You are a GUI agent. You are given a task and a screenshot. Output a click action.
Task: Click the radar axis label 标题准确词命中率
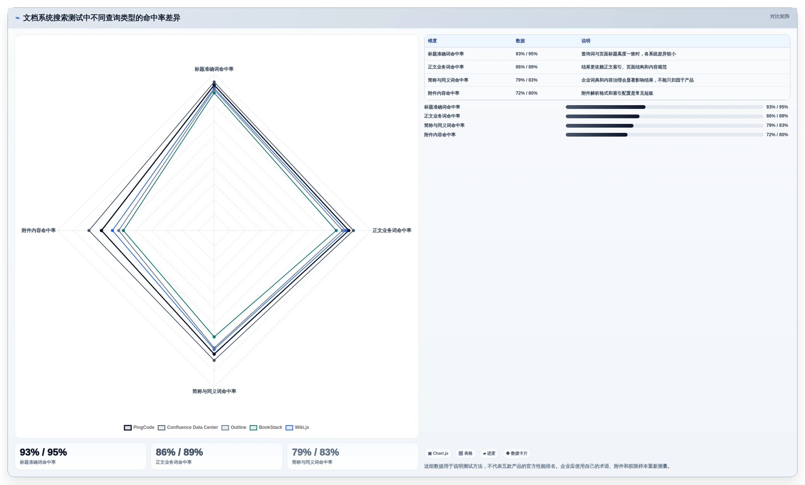coord(214,69)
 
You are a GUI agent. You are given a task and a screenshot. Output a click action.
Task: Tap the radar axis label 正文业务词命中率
coord(392,231)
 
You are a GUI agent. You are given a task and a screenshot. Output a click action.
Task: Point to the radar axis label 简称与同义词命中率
coord(214,391)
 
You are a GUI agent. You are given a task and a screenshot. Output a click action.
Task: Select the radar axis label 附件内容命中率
coord(39,231)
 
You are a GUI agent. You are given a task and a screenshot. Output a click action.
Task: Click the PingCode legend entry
coord(139,427)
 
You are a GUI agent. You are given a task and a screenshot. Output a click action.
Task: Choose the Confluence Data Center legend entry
coord(188,427)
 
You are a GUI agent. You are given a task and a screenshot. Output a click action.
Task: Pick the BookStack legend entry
coord(266,427)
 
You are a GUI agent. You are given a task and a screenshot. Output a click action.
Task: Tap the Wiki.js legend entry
coord(297,427)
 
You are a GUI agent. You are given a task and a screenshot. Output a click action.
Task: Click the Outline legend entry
coord(234,427)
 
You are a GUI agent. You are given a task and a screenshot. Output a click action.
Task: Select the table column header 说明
coord(586,41)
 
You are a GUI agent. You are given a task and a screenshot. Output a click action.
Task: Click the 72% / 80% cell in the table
coord(526,93)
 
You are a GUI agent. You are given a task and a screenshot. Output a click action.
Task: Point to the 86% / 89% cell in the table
coord(526,67)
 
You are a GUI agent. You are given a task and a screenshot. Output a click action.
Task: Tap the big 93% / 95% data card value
coord(43,452)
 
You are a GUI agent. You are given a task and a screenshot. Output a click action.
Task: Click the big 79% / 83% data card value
coord(315,452)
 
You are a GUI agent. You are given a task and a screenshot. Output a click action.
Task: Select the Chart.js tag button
coord(438,453)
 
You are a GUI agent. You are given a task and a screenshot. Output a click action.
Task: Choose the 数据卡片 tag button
coord(517,453)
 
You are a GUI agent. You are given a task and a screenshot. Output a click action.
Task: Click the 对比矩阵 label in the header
coord(780,16)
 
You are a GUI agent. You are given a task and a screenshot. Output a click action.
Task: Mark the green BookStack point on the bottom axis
coord(214,337)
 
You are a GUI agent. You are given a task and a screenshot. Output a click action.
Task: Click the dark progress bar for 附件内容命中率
coord(596,135)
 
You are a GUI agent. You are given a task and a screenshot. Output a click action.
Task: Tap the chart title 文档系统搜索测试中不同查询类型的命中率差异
coord(101,18)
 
